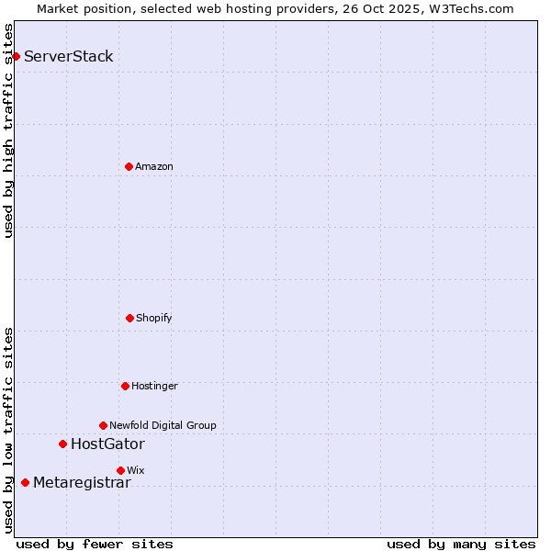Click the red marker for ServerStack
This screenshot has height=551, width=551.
(16, 56)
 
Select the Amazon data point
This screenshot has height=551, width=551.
(129, 166)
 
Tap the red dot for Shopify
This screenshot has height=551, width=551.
(129, 318)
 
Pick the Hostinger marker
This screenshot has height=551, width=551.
(125, 386)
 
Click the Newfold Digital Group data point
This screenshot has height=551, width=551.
(103, 425)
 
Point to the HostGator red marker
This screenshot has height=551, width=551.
(62, 444)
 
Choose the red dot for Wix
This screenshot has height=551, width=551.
(120, 470)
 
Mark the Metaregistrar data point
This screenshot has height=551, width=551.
(25, 482)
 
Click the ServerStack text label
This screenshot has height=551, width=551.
(69, 57)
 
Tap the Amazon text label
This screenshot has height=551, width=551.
(154, 167)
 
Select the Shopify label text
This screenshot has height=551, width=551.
(154, 319)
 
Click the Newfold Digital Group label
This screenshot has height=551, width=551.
(163, 426)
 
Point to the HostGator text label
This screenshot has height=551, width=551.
(107, 444)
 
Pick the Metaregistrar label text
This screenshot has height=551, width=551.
(82, 483)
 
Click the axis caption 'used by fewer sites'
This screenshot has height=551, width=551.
(95, 545)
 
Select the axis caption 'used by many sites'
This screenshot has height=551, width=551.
(461, 545)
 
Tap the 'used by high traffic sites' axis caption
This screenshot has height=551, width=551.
(9, 130)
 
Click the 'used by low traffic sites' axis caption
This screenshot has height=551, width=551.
(9, 430)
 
